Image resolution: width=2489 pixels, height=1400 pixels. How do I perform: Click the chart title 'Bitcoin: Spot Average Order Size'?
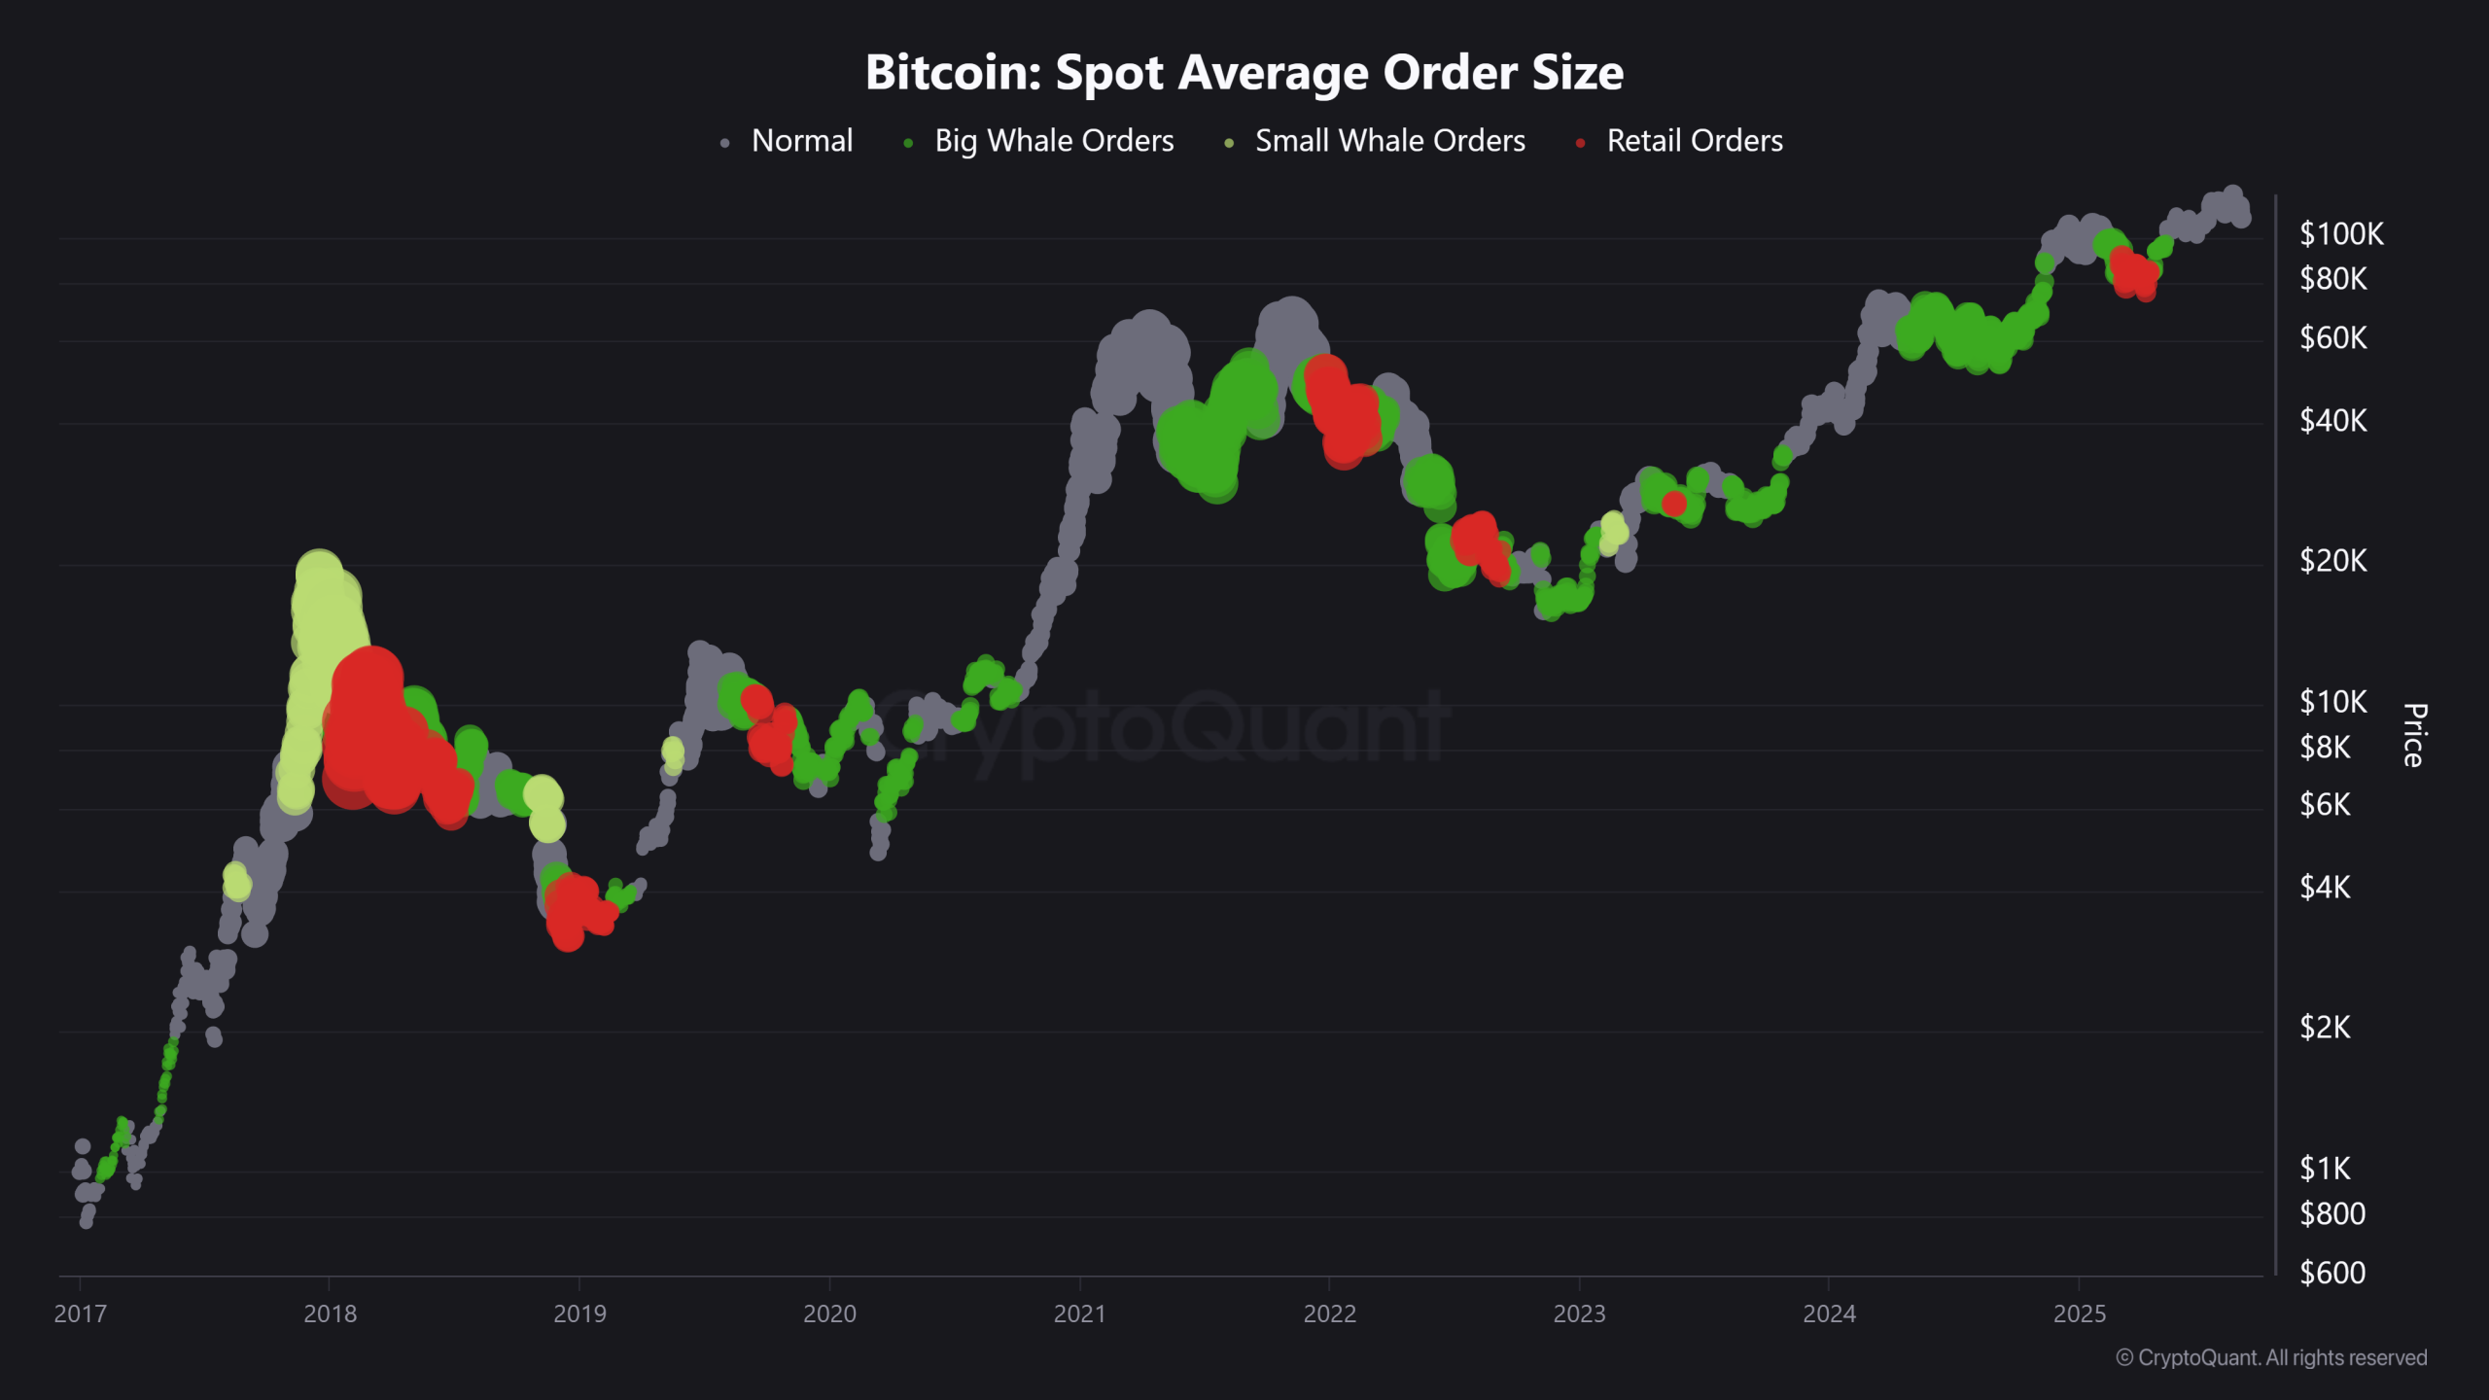(1244, 73)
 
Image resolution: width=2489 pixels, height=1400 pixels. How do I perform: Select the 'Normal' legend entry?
(801, 141)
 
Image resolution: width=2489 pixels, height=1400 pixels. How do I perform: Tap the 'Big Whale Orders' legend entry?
(1053, 141)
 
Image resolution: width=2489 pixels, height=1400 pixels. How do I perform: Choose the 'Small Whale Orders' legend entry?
(1389, 141)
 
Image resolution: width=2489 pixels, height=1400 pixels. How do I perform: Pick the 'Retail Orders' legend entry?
(1694, 141)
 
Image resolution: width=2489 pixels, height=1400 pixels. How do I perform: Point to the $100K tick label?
(2340, 234)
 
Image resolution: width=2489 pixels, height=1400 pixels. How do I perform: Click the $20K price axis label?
(2332, 561)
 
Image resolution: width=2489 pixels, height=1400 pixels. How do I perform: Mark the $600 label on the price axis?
(2331, 1273)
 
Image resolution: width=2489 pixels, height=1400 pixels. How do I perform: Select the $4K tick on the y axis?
(2325, 888)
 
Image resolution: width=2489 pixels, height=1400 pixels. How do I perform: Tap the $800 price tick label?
(2331, 1214)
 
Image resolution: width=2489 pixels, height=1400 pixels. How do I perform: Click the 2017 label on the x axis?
(80, 1314)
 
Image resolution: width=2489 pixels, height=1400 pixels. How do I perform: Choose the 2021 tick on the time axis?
(1079, 1314)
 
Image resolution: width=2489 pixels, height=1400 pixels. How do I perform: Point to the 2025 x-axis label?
(2079, 1314)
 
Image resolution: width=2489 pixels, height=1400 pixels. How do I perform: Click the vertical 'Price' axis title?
(2414, 735)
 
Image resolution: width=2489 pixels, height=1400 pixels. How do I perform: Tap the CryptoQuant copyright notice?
(2271, 1358)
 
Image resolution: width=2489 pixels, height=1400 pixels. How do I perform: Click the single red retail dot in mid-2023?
(1673, 504)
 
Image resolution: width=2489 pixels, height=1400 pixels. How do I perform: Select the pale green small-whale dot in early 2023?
(1613, 531)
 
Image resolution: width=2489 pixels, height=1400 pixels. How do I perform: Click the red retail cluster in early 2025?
(2133, 271)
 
